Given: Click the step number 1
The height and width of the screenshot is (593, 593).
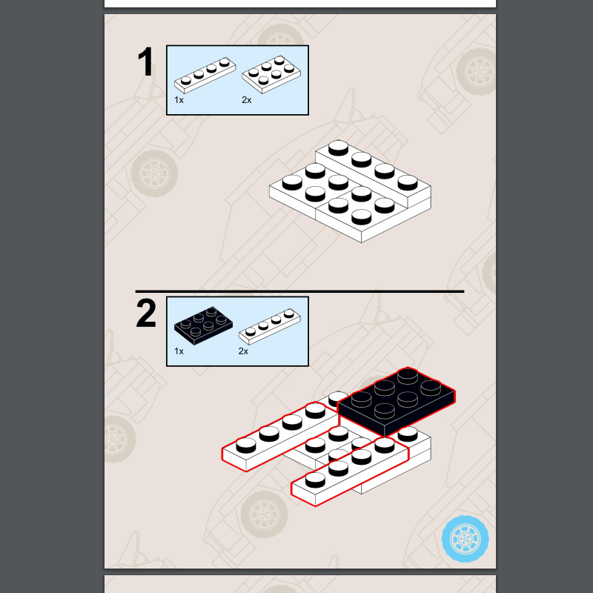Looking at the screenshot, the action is pyautogui.click(x=145, y=62).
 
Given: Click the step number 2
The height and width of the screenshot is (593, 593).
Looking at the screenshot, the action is pyautogui.click(x=146, y=313).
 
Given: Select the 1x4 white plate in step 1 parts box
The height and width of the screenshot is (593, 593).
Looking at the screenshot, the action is pyautogui.click(x=205, y=76).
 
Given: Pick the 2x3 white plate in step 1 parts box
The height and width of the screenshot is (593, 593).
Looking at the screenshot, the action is pyautogui.click(x=271, y=75).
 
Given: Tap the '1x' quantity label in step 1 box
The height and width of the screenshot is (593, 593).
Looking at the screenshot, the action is pyautogui.click(x=179, y=100).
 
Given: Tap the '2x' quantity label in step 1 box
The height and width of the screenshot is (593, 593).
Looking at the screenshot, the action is pyautogui.click(x=247, y=100).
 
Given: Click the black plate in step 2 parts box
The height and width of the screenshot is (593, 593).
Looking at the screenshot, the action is pyautogui.click(x=203, y=325).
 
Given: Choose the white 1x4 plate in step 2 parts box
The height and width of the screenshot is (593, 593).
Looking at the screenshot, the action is pyautogui.click(x=270, y=326).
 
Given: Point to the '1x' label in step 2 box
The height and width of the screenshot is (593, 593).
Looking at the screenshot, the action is pyautogui.click(x=179, y=351).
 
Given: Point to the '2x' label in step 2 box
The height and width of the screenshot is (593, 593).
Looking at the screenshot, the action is pyautogui.click(x=244, y=351).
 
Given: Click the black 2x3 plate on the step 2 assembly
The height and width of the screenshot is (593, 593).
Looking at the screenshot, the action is pyautogui.click(x=397, y=402).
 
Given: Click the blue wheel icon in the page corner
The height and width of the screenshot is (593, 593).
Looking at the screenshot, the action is pyautogui.click(x=466, y=539).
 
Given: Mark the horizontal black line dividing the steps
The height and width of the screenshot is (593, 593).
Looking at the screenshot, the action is pyautogui.click(x=300, y=291).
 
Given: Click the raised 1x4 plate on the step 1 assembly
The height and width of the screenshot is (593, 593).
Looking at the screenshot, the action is pyautogui.click(x=374, y=173).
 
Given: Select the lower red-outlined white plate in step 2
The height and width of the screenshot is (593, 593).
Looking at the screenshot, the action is pyautogui.click(x=350, y=471).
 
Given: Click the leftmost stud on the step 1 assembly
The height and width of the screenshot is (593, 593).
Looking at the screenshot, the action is pyautogui.click(x=292, y=182).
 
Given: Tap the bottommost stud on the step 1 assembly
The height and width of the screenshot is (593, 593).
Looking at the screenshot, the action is pyautogui.click(x=362, y=217).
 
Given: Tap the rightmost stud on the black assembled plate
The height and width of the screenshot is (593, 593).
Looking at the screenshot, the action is pyautogui.click(x=431, y=388).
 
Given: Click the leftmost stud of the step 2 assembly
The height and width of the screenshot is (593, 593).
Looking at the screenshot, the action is pyautogui.click(x=246, y=445).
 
